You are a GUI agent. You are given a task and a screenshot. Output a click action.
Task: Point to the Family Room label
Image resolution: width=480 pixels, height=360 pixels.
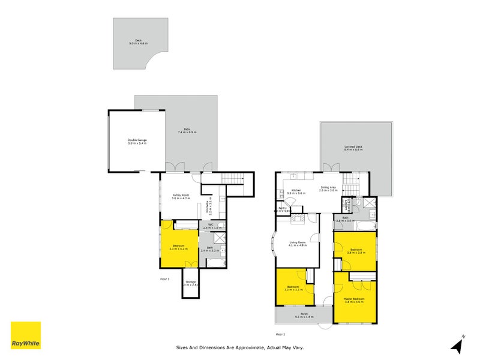click(181, 196)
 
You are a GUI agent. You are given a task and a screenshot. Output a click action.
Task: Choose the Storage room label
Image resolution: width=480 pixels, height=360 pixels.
click(190, 283)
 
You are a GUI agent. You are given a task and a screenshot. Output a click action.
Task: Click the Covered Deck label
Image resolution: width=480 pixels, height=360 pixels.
click(354, 148)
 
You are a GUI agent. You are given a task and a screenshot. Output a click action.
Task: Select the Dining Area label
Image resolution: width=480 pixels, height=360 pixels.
click(328, 188)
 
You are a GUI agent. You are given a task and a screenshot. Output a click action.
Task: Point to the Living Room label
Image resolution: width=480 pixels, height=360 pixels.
click(297, 244)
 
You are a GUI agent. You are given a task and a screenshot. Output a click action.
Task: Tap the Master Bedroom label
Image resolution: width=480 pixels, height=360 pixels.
click(355, 300)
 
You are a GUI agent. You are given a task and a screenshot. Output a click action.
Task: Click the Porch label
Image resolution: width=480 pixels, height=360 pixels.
click(304, 315)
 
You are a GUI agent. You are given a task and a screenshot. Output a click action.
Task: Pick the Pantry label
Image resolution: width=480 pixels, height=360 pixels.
click(282, 210)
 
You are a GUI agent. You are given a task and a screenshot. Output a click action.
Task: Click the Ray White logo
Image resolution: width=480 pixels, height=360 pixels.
click(26, 335)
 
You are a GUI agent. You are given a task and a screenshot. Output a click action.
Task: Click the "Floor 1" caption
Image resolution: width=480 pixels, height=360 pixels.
click(165, 280)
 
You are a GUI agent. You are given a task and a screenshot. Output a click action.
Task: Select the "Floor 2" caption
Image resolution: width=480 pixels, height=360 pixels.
click(280, 334)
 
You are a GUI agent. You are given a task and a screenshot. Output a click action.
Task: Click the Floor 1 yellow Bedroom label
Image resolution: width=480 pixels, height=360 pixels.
click(179, 247)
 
